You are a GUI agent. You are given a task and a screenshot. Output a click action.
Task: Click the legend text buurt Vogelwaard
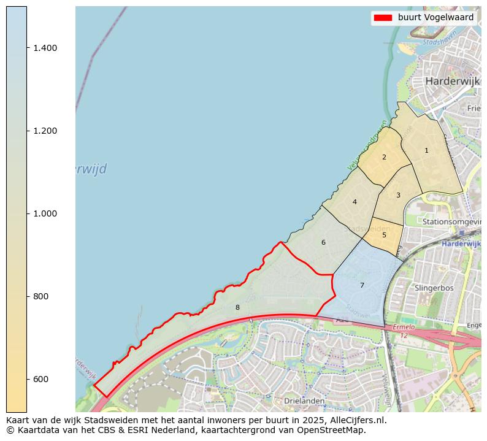click(435, 18)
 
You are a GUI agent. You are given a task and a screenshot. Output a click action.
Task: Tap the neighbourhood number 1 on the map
click(426, 150)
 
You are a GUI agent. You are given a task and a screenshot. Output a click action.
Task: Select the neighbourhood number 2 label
click(384, 157)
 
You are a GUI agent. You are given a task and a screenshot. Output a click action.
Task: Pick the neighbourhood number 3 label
click(398, 195)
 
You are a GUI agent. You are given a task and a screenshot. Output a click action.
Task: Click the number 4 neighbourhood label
click(355, 202)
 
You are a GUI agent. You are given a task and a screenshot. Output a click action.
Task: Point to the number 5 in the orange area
click(384, 235)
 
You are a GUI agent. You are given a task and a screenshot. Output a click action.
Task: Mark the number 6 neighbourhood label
click(323, 242)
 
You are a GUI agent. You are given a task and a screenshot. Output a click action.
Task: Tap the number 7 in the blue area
click(362, 285)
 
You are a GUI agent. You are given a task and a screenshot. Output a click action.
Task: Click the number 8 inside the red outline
click(237, 307)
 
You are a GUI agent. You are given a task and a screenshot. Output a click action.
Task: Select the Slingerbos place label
click(434, 287)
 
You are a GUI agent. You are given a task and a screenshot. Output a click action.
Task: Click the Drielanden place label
click(304, 401)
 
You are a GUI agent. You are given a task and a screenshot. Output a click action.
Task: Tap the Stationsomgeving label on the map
click(451, 221)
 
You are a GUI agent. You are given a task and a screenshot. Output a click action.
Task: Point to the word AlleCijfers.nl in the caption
click(356, 420)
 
